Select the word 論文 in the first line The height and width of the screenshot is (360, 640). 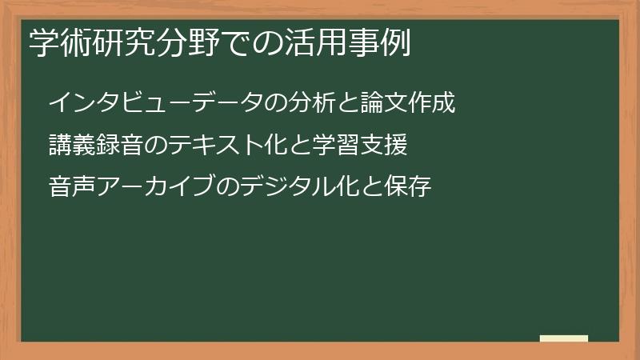coord(386,103)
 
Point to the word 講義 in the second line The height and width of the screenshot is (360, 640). coord(71,146)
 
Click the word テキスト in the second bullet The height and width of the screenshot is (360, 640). coord(214,146)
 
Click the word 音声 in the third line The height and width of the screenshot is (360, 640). coord(71,188)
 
